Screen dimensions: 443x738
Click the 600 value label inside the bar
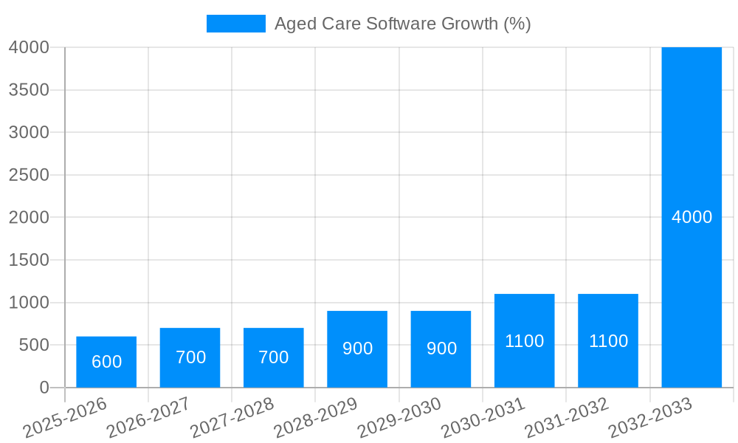(x=106, y=362)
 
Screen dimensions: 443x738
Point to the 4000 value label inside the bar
(x=692, y=217)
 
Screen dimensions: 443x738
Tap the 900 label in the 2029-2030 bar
(x=441, y=348)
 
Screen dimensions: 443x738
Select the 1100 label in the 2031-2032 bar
(x=608, y=341)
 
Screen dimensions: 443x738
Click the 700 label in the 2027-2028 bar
(x=273, y=357)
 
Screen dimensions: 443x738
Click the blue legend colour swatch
(x=235, y=24)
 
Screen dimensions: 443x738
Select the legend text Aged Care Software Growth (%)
(x=402, y=24)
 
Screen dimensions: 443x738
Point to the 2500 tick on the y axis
(x=29, y=175)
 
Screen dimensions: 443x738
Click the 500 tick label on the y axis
(x=33, y=345)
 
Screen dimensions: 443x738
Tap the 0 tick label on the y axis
(x=44, y=388)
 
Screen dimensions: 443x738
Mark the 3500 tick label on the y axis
(x=29, y=90)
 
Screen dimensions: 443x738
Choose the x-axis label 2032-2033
(x=650, y=418)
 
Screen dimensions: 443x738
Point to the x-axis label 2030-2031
(x=483, y=418)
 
